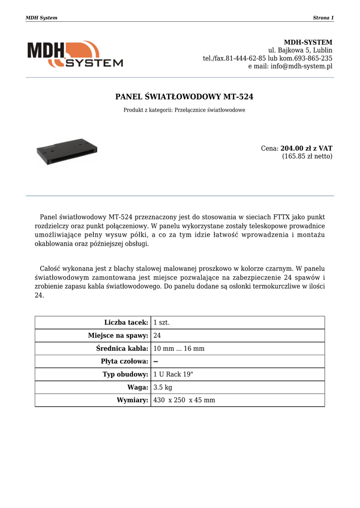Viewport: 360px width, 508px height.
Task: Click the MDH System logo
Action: point(75,54)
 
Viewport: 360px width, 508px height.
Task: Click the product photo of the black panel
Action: point(67,151)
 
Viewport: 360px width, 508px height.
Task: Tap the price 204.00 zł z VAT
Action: point(306,148)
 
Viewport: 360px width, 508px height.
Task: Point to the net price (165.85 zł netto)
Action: point(307,156)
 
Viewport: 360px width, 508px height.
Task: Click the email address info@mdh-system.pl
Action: point(301,66)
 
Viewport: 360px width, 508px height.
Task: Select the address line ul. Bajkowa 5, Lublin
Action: point(300,50)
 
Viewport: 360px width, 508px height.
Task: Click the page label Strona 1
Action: point(323,18)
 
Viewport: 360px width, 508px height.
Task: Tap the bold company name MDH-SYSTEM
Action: point(308,42)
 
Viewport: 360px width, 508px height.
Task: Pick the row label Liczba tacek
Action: point(126,322)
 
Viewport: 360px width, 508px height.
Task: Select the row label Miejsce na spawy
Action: point(118,335)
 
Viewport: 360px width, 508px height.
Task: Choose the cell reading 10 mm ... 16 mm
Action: point(179,349)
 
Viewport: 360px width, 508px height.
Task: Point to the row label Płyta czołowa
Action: point(125,362)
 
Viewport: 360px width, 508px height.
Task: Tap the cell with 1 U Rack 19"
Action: point(173,375)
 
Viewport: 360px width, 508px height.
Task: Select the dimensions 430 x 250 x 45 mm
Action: point(184,400)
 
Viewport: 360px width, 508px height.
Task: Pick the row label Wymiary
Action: point(133,400)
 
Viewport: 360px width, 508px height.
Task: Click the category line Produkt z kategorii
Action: point(184,110)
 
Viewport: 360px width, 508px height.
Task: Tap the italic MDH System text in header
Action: point(41,18)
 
